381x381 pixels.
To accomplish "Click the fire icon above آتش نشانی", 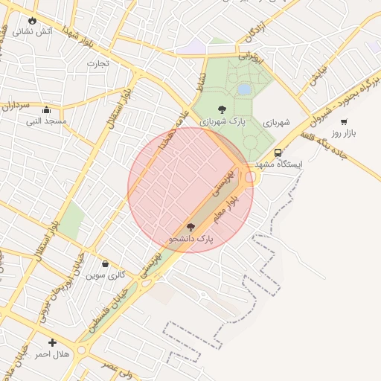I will pyautogui.click(x=32, y=20).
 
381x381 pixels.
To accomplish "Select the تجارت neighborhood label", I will pyautogui.click(x=97, y=63).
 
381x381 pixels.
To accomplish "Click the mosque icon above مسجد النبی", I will pyautogui.click(x=46, y=109).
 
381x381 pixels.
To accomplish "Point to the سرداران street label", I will pyautogui.click(x=16, y=106).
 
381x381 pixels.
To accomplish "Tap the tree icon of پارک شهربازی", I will pyautogui.click(x=222, y=109).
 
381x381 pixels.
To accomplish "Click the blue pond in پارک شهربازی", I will pyautogui.click(x=244, y=89).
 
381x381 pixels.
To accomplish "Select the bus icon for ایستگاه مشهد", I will pyautogui.click(x=278, y=153).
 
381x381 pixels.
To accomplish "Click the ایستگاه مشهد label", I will pyautogui.click(x=277, y=164).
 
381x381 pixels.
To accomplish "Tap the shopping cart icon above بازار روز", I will pyautogui.click(x=344, y=121).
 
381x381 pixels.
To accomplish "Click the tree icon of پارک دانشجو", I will pyautogui.click(x=190, y=227).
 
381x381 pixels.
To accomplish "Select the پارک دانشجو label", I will pyautogui.click(x=190, y=239).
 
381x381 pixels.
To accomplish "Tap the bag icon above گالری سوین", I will pyautogui.click(x=105, y=263).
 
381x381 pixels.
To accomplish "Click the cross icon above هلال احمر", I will pyautogui.click(x=52, y=342).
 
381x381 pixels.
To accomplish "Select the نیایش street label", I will pyautogui.click(x=318, y=77).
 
